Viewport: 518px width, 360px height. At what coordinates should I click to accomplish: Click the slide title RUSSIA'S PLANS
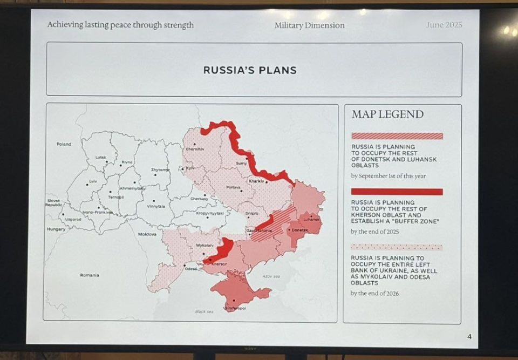249,70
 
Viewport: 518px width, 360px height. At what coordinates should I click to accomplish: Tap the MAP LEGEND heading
387,114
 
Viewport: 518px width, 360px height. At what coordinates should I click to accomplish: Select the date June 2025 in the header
444,25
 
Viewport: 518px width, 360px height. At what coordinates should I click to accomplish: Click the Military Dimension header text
309,25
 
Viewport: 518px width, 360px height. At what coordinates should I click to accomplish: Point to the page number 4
469,337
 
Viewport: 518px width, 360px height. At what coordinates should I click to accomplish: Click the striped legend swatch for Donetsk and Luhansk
397,136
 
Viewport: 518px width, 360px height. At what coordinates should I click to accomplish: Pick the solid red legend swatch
397,192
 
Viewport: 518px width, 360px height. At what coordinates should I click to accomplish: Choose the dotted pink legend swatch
397,247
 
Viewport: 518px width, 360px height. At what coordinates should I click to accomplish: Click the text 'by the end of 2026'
378,293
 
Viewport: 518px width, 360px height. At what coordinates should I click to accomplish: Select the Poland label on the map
64,144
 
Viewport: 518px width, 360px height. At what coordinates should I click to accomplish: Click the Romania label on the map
90,275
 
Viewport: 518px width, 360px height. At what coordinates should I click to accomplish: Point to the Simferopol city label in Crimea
235,308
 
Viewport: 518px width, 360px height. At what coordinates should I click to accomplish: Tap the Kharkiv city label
257,181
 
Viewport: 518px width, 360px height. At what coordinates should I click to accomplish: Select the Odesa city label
190,269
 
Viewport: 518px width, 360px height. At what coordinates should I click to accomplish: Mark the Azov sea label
271,276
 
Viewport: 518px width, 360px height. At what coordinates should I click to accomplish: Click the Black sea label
204,311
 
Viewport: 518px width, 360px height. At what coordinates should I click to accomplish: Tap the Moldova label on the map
147,234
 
